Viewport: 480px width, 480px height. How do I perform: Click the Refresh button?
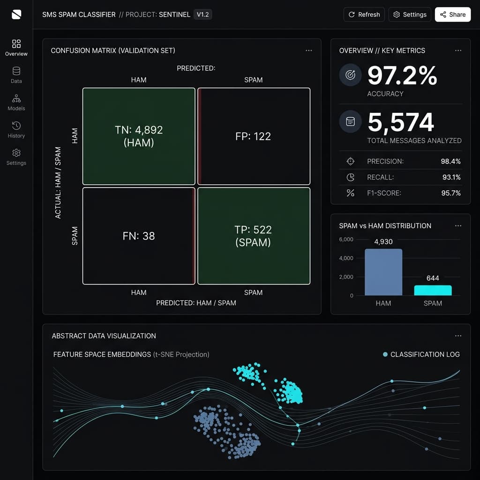coord(364,15)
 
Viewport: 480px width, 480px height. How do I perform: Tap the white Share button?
coord(453,15)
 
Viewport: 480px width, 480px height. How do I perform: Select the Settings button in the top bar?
coord(410,15)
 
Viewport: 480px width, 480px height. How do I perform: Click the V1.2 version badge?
coord(202,15)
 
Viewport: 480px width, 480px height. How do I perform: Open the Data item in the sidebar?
coord(16,75)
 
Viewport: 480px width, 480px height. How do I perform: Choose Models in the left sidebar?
coord(16,102)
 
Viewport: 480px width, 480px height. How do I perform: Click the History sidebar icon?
coord(16,126)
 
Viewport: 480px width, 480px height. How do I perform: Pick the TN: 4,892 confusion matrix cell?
coord(139,136)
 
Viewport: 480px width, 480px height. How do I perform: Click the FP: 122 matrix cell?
coord(254,136)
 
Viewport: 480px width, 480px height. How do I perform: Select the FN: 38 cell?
coord(139,236)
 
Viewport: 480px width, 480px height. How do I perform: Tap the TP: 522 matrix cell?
coord(254,236)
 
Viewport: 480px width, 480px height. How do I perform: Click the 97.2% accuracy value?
coord(402,75)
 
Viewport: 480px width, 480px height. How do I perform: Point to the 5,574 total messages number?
coord(401,122)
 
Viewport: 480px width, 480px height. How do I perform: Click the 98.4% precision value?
coord(450,161)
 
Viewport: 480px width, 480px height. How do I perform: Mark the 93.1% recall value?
coord(451,177)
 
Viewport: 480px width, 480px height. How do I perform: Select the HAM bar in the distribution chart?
coord(383,272)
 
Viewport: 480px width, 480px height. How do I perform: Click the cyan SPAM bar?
coord(433,291)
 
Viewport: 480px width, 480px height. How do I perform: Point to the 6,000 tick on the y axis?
coord(346,240)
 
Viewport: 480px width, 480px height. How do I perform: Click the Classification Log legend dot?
coord(385,354)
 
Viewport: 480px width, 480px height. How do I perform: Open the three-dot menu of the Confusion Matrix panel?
coord(308,51)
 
